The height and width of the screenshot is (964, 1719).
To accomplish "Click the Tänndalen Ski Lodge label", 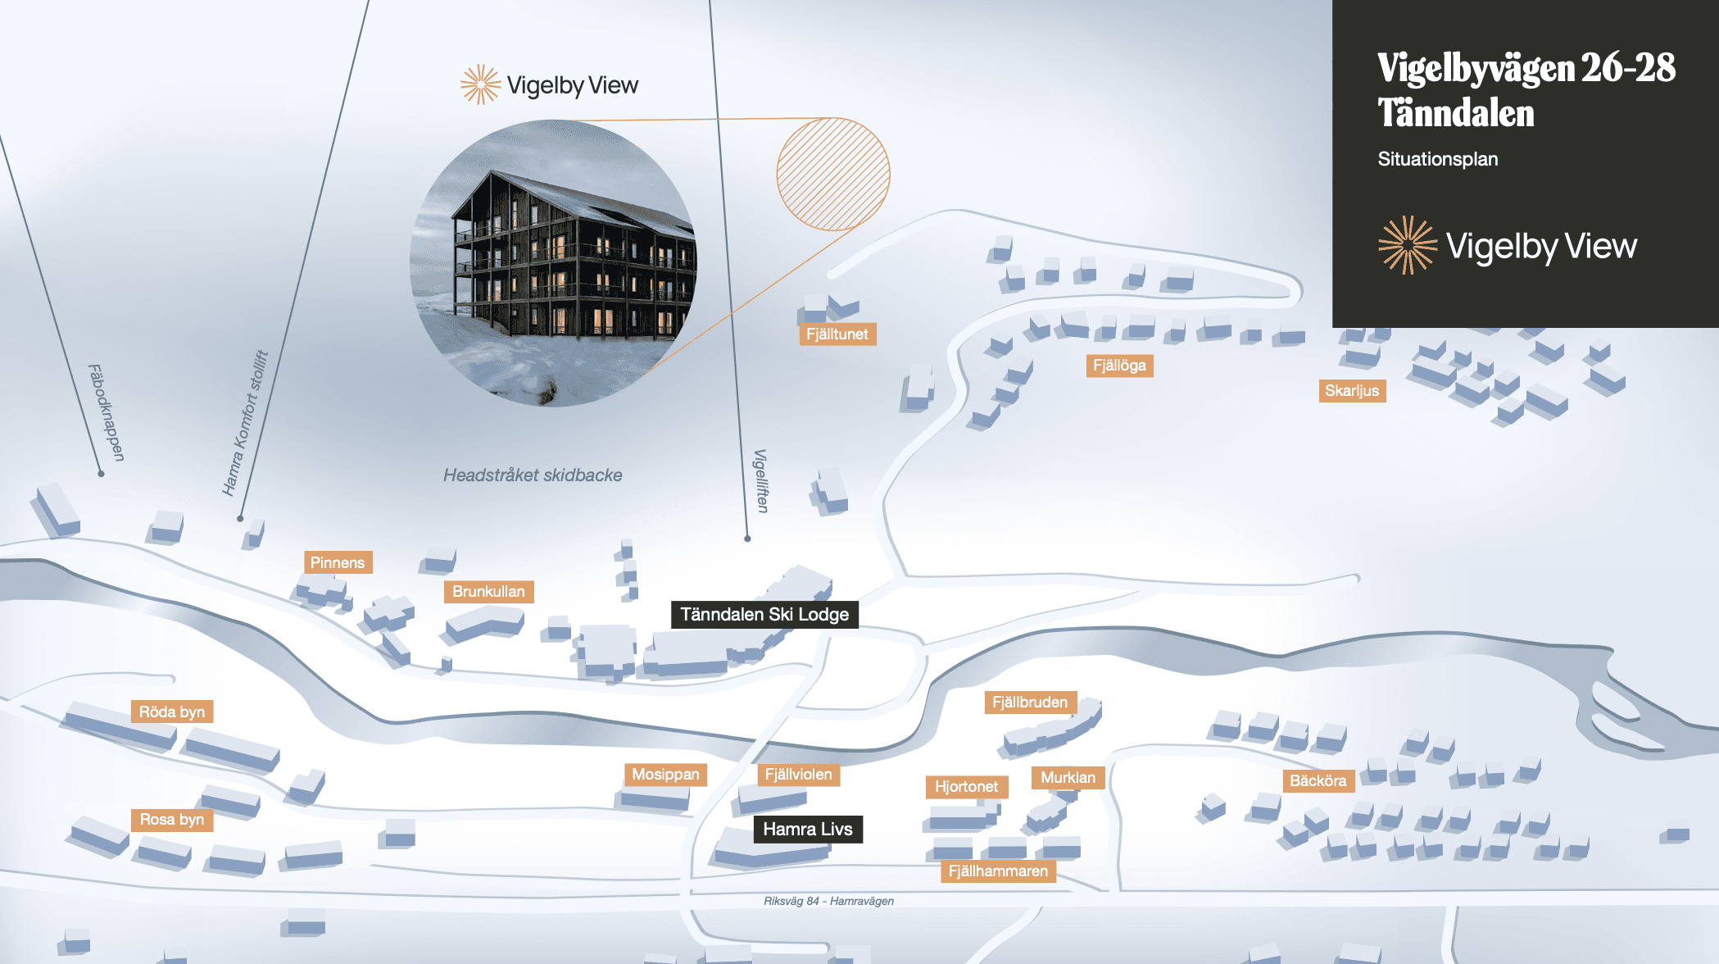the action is coord(764,615).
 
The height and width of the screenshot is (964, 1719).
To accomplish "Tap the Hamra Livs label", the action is coord(808,829).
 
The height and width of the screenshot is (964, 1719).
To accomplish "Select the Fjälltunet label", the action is coord(837,334).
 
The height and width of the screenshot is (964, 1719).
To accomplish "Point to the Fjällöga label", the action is coord(1119,366).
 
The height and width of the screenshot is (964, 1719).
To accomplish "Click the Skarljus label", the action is coord(1352,391).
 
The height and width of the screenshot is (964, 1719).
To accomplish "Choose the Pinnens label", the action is coord(338,562).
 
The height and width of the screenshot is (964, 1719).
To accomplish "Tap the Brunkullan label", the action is coord(488,592).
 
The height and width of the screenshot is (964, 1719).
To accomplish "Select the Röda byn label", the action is coord(172,712).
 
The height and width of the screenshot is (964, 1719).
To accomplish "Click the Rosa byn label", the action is coord(172,820).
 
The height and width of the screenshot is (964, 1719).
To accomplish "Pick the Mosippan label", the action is coord(665,775).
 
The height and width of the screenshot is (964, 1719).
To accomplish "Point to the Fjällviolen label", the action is coord(798,775).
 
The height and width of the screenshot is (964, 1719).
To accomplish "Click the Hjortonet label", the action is coord(966,787).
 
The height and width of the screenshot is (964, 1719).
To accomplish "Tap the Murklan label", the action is coord(1068,778).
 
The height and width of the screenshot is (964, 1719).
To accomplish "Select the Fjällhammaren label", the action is coord(998,871).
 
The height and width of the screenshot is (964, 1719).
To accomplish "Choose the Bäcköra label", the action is coord(1318,781).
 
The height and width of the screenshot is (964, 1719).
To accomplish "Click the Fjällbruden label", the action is coord(1030,703).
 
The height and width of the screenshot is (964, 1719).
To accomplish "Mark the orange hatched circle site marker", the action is coord(833,174).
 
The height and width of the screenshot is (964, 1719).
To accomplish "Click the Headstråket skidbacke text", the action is coord(533,475).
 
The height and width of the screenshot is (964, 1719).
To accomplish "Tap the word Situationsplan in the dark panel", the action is coord(1437,159).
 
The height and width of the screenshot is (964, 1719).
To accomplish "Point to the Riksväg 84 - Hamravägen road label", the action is coord(828,901).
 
